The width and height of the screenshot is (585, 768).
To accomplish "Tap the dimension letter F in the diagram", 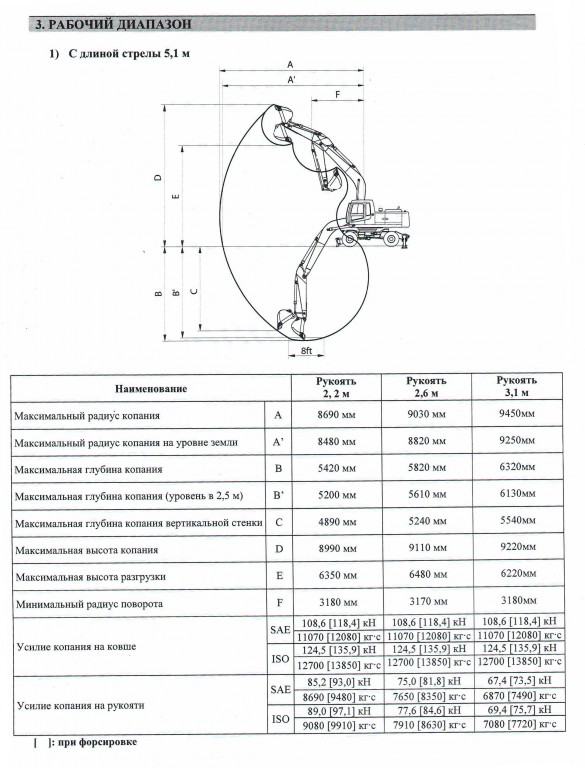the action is click(338, 95).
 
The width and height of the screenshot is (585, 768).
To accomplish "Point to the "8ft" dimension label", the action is click(306, 351).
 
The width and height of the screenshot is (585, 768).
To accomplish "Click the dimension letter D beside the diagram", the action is click(158, 177).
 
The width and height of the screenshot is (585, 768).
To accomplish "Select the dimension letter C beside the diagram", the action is click(194, 291).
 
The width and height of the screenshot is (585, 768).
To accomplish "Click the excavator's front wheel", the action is click(350, 239).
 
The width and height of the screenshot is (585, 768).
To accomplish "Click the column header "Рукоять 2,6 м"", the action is click(426, 386).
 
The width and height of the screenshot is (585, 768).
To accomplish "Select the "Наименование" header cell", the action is click(151, 389).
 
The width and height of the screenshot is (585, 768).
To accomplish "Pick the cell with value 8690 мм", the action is click(336, 415).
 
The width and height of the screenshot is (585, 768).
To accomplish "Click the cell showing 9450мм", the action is click(517, 413).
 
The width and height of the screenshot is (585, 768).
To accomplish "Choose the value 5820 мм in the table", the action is click(427, 467).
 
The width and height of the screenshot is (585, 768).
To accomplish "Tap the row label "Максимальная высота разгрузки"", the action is click(91, 576).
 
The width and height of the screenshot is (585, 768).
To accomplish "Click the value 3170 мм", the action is click(428, 602).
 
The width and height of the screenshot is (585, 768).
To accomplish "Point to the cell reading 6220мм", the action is click(518, 573).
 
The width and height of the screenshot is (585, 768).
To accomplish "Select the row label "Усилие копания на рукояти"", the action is click(81, 705).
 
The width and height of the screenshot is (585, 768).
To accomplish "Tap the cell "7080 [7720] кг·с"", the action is click(519, 724).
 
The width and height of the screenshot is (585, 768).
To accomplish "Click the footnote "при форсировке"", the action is click(97, 742).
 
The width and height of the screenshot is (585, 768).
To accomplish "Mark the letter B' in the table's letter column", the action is click(279, 495).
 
